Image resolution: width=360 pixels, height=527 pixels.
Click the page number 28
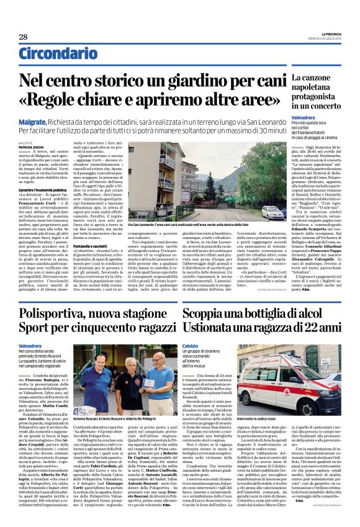(x=22, y=37)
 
